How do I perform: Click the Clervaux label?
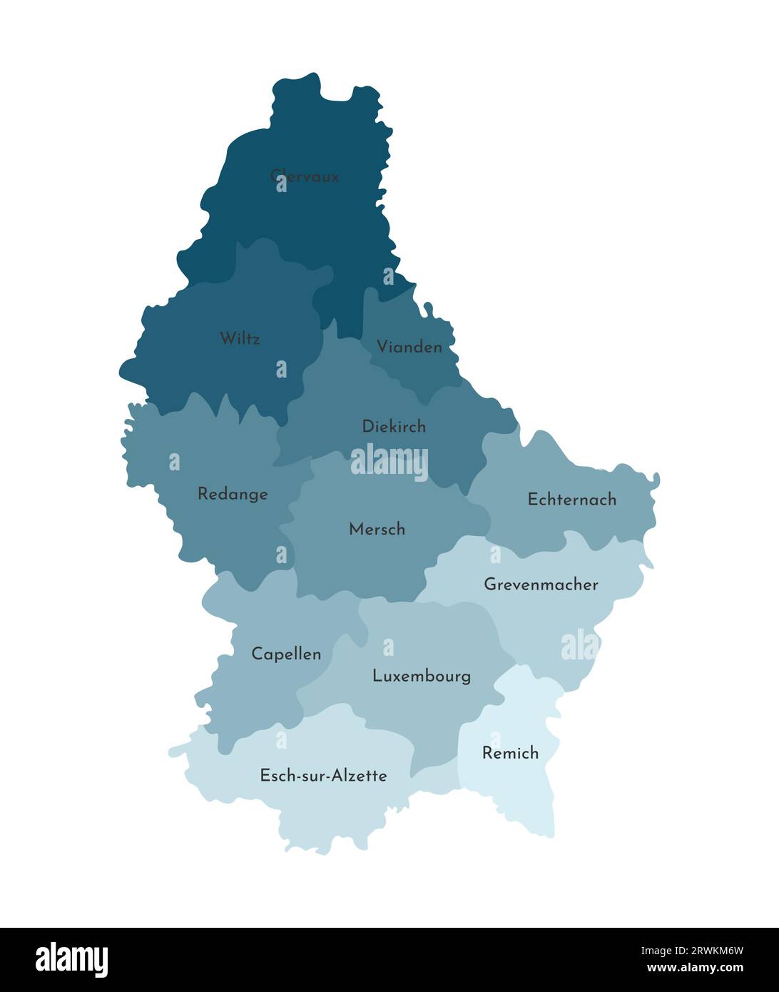pos(305,176)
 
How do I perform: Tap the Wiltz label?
pos(240,338)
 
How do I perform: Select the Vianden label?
pos(409,348)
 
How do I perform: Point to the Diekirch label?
pos(394,427)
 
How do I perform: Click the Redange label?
pos(233,494)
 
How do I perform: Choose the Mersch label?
pos(377,530)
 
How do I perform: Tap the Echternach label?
pos(571,500)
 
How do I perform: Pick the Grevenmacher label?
pos(541,584)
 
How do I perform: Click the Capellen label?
pos(286,654)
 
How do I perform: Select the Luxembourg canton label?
pos(422,676)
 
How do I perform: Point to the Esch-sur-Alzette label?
pos(323,776)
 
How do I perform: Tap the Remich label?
pos(510,753)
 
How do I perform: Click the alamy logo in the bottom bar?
pos(72,960)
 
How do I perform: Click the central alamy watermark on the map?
pos(389,462)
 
